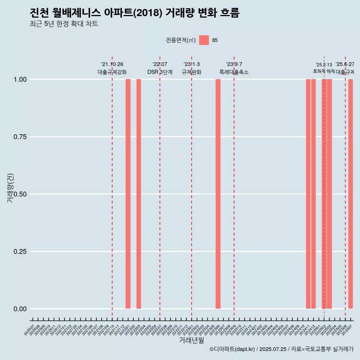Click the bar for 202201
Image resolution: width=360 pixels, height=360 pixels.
[x=128, y=194]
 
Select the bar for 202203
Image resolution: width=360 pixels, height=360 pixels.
[x=139, y=194]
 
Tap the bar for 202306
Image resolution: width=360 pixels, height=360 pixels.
[x=218, y=194]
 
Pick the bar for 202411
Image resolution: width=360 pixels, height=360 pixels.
[x=308, y=194]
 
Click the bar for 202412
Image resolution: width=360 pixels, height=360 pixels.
[x=313, y=194]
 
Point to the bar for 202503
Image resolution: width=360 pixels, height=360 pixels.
[x=329, y=194]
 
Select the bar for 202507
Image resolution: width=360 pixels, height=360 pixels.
[x=351, y=194]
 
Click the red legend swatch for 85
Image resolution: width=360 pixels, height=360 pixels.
[x=204, y=40]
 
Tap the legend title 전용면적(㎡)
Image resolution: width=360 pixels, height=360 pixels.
[x=181, y=40]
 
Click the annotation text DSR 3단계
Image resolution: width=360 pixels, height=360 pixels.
[x=160, y=72]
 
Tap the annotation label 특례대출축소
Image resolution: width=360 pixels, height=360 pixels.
[x=234, y=72]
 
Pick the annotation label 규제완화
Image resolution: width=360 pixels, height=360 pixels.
[x=192, y=72]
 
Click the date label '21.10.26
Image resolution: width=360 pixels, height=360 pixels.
[x=112, y=64]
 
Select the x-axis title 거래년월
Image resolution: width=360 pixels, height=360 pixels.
[x=192, y=340]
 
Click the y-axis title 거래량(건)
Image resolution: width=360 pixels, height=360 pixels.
[x=10, y=187]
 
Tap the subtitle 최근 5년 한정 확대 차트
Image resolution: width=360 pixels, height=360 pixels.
[x=64, y=24]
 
